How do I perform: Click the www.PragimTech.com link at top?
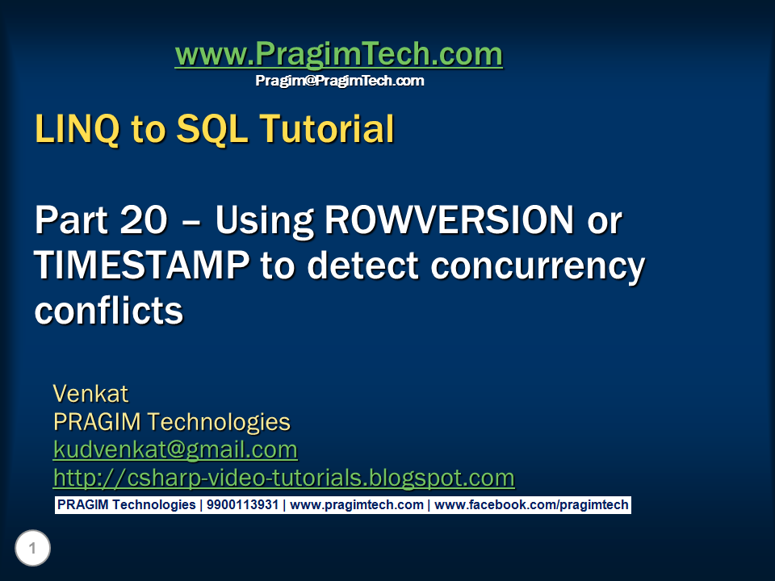pyautogui.click(x=338, y=54)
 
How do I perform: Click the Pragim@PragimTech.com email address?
pyautogui.click(x=340, y=81)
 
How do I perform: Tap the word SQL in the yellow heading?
pyautogui.click(x=212, y=129)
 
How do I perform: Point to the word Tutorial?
pyautogui.click(x=327, y=128)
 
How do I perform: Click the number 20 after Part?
pyautogui.click(x=144, y=219)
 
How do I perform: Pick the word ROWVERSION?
pyautogui.click(x=450, y=219)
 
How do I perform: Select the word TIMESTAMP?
pyautogui.click(x=142, y=265)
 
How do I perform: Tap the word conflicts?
pyautogui.click(x=109, y=311)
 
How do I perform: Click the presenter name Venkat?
pyautogui.click(x=90, y=394)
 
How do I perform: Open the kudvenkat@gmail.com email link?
pyautogui.click(x=175, y=450)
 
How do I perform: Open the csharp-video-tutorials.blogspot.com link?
pyautogui.click(x=283, y=479)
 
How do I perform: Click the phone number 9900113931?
pyautogui.click(x=242, y=505)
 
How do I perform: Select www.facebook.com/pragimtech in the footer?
pyautogui.click(x=531, y=505)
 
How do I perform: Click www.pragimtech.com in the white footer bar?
pyautogui.click(x=356, y=505)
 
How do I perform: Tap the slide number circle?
pyautogui.click(x=32, y=548)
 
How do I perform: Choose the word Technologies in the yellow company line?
pyautogui.click(x=219, y=423)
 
